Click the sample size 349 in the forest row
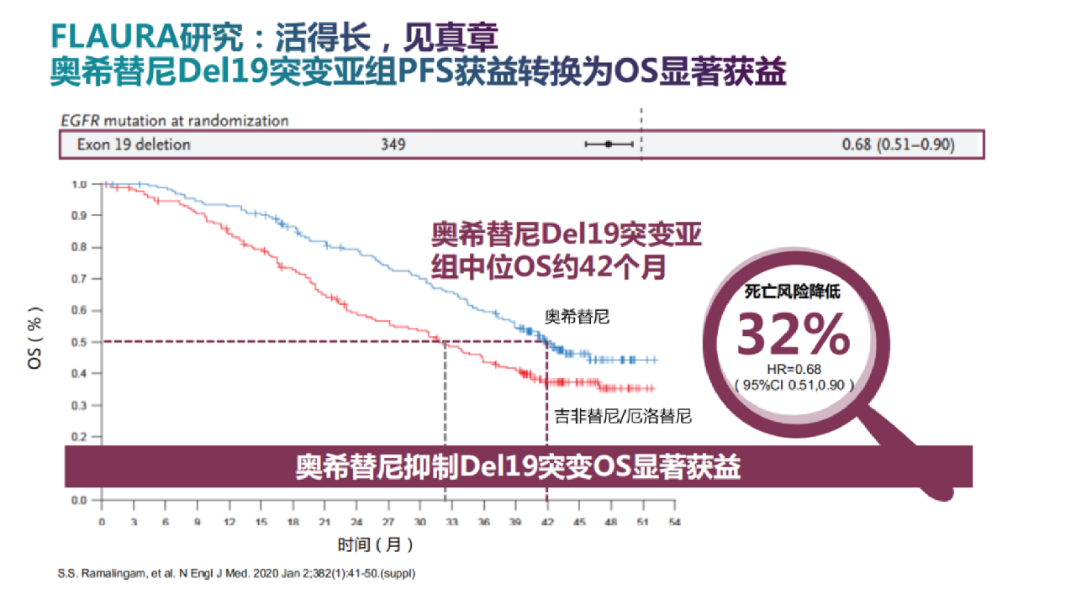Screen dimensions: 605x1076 click(x=393, y=145)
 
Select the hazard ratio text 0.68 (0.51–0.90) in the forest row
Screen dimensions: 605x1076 click(x=898, y=145)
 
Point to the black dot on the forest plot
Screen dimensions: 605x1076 click(x=609, y=145)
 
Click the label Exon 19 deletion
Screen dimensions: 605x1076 click(x=134, y=145)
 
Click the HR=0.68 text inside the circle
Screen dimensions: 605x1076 click(x=794, y=369)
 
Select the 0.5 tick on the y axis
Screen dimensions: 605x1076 click(x=79, y=342)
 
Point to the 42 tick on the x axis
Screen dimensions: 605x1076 click(x=546, y=522)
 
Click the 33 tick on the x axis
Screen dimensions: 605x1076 click(x=451, y=522)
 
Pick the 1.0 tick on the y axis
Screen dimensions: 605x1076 click(x=79, y=184)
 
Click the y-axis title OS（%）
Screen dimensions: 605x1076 click(x=35, y=342)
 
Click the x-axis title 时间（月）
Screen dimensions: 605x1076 click(x=376, y=545)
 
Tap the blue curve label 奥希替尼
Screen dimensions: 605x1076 click(x=577, y=318)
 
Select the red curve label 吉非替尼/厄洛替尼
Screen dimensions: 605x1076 click(x=623, y=416)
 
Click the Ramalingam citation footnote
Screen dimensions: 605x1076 click(x=237, y=574)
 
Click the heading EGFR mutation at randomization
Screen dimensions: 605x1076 click(x=174, y=121)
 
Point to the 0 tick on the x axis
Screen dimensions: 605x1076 click(x=102, y=522)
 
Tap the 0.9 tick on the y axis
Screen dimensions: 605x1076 click(x=79, y=216)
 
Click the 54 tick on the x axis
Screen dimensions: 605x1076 click(x=673, y=522)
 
